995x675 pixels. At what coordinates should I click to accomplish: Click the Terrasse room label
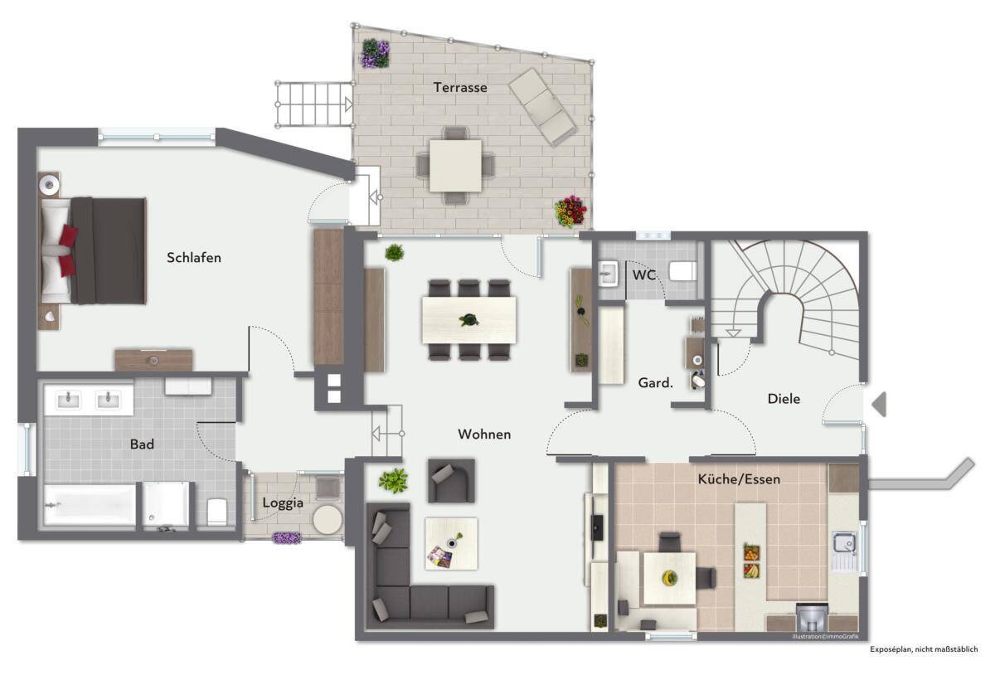tap(460, 88)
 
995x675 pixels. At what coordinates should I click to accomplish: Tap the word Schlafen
tap(194, 258)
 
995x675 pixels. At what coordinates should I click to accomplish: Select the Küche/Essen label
tap(739, 479)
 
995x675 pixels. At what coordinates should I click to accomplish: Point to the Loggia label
tap(283, 503)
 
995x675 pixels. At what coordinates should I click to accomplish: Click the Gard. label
tap(655, 382)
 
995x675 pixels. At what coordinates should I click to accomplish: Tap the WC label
tap(644, 274)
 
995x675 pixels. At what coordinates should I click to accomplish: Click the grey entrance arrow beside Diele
tap(879, 405)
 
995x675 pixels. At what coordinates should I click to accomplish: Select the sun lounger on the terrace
tap(542, 107)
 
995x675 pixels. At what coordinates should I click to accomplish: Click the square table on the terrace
tap(455, 166)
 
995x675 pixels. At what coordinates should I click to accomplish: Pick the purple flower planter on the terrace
tap(376, 53)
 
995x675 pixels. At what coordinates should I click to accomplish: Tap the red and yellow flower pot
tap(570, 211)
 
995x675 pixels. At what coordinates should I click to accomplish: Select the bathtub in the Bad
tap(90, 505)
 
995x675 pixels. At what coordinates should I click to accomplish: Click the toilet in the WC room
tap(683, 271)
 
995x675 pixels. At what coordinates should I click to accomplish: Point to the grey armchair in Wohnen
tap(451, 481)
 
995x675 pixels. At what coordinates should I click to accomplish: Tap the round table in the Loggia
tap(328, 519)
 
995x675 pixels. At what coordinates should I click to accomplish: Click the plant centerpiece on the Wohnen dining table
tap(469, 319)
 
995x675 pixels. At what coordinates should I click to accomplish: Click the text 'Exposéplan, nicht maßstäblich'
tap(924, 649)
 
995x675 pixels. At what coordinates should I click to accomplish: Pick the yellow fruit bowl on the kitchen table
tap(669, 578)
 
